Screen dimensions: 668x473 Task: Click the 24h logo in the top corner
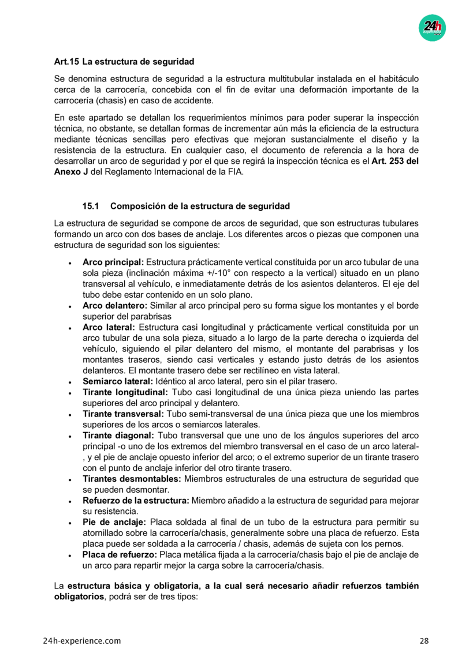point(432,27)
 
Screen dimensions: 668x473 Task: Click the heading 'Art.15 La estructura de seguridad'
point(124,61)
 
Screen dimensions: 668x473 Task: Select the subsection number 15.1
point(91,206)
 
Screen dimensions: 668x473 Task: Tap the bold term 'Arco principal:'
point(113,262)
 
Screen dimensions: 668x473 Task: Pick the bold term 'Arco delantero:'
point(115,305)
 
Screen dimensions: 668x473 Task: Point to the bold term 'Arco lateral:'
point(109,327)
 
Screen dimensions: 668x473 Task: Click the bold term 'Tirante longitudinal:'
point(124,392)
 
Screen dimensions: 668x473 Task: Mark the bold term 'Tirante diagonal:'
point(118,436)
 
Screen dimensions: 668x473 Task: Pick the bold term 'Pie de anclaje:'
point(112,522)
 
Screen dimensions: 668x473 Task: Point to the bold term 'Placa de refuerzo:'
point(120,554)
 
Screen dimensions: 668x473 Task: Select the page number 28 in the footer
point(424,641)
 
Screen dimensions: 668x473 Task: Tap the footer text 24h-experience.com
point(82,641)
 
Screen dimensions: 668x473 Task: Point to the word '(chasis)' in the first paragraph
point(110,100)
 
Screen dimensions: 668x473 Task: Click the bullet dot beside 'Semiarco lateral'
point(69,382)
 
